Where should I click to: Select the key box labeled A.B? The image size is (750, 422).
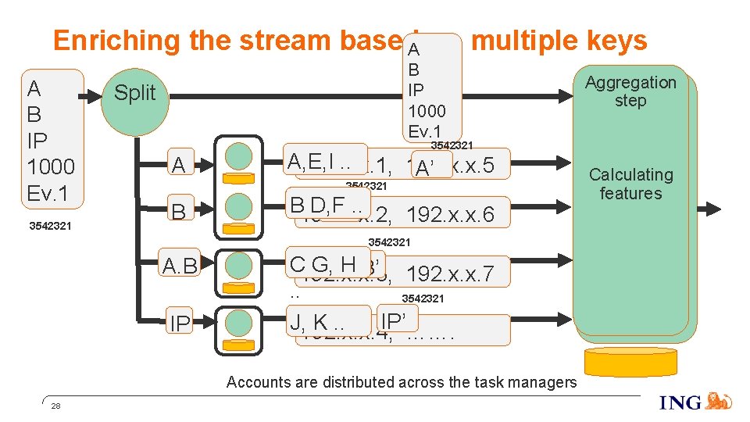coord(179,266)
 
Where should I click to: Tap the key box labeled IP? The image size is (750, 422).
coord(179,322)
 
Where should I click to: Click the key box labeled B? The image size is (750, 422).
coord(179,212)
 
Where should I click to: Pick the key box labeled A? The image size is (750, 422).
coord(179,165)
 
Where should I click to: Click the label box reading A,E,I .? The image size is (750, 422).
coord(325,161)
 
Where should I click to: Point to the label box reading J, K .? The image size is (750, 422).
coord(327,321)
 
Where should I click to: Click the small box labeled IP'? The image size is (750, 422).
coord(397,319)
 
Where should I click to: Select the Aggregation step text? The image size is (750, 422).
coord(630,91)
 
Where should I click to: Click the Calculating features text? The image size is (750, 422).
coord(630,184)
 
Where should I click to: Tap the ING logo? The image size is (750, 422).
coord(695,402)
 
